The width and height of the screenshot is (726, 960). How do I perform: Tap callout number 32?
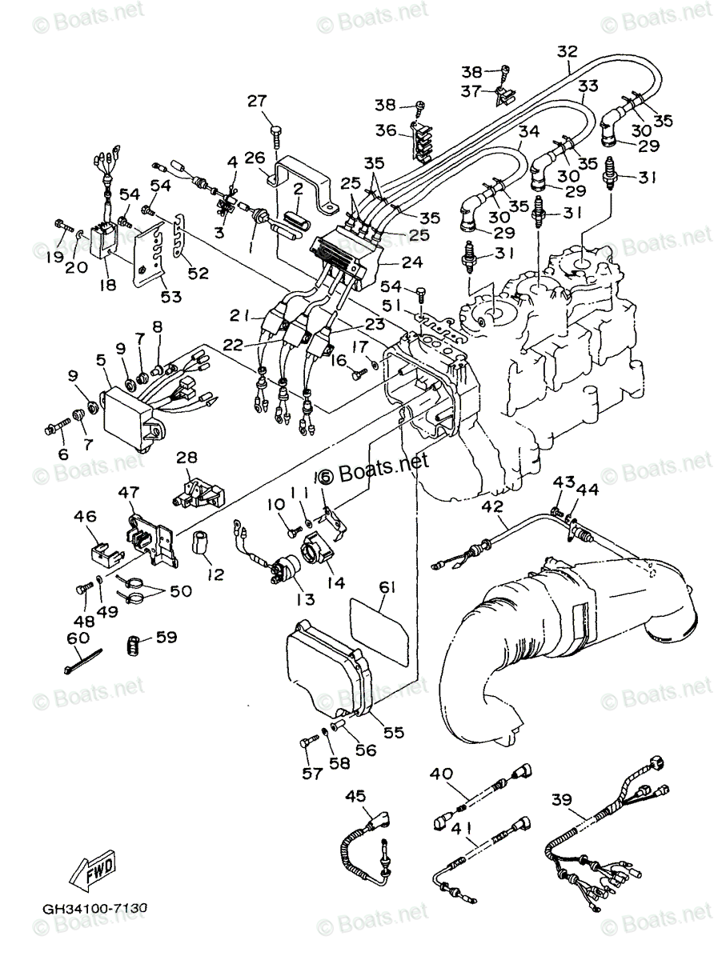click(x=567, y=52)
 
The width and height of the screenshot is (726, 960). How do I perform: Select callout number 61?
click(x=387, y=589)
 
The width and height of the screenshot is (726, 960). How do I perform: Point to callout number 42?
click(x=492, y=506)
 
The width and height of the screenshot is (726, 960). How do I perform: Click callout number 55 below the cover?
click(x=393, y=730)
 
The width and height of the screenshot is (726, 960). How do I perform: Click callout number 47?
click(x=129, y=491)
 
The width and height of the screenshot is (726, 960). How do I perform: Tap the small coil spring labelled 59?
click(x=140, y=642)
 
